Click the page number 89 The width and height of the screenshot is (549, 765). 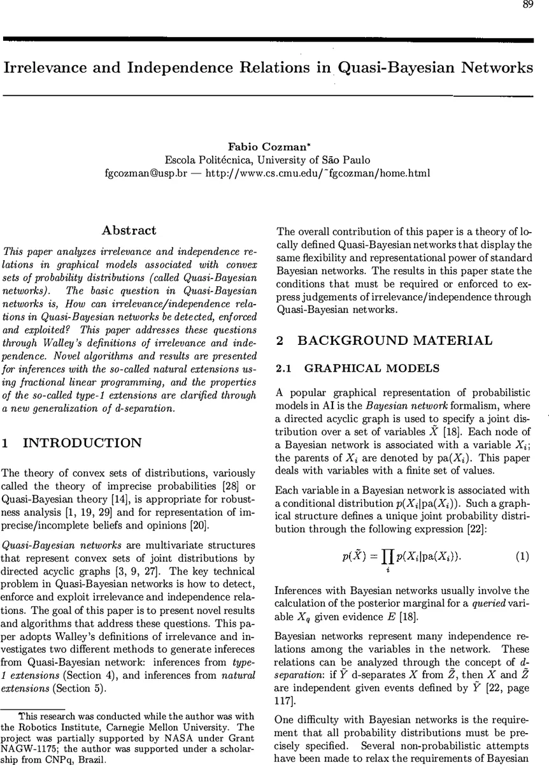point(528,5)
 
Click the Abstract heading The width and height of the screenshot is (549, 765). point(129,231)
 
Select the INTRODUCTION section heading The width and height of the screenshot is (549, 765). point(83,443)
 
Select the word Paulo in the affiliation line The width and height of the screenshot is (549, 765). point(355,160)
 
